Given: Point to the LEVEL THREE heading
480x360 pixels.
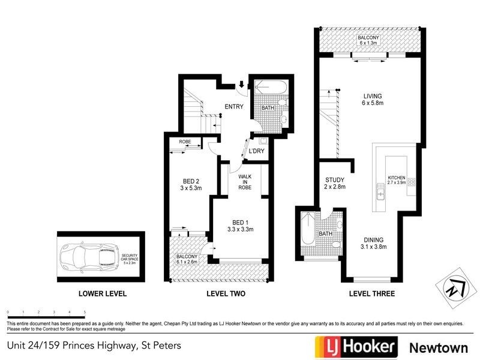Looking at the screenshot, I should (372, 294).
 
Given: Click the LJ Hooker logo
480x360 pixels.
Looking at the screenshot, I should (356, 346).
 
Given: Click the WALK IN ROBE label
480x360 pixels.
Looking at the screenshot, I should (244, 182).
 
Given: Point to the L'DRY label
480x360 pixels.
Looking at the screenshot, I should (257, 151).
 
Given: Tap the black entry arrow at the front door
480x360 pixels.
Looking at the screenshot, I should (241, 85).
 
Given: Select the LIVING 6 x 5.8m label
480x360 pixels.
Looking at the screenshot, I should (373, 99).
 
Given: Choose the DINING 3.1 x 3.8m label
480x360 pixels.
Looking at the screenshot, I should (373, 242).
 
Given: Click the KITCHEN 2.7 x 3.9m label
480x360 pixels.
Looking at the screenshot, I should (397, 181).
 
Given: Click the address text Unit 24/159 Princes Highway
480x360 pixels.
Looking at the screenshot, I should (94, 346).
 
